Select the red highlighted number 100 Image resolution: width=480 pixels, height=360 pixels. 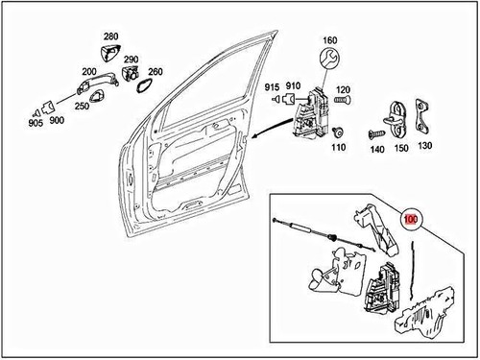[x=411, y=219]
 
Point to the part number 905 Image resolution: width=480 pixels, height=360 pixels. [x=36, y=123]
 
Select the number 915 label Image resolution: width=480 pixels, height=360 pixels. [x=272, y=86]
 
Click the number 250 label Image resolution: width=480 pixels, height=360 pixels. [x=82, y=106]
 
